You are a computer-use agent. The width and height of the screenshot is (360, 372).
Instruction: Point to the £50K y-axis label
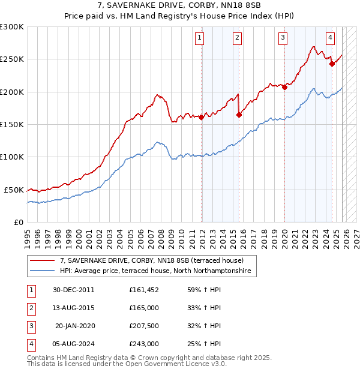[x=14, y=190]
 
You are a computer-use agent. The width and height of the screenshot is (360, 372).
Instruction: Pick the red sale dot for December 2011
[x=202, y=118]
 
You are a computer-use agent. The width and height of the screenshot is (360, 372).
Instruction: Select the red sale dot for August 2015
[x=239, y=115]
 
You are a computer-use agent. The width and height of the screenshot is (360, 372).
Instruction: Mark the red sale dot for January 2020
[x=284, y=88]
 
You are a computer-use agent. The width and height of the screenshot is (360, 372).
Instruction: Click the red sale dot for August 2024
[x=332, y=64]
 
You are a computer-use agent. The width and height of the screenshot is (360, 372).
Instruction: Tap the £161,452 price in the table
[x=143, y=290]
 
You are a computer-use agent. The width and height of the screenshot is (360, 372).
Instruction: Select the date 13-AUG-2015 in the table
[x=73, y=308]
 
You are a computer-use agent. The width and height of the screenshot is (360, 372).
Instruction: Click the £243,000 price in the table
[x=143, y=344]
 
